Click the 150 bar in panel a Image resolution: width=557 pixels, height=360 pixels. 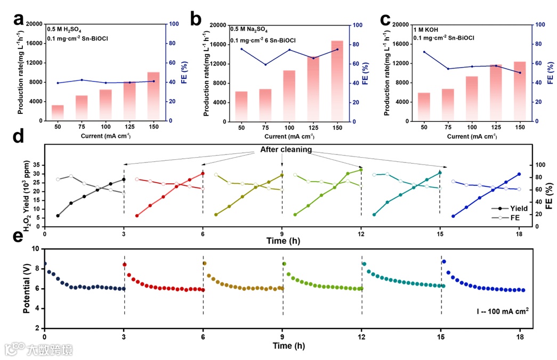click(x=154, y=96)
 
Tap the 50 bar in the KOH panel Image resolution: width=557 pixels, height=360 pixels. click(x=424, y=107)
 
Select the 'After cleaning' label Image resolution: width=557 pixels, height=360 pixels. click(x=286, y=150)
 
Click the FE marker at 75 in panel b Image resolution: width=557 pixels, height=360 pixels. click(x=265, y=65)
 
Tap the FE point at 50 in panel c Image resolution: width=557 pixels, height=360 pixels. click(x=424, y=52)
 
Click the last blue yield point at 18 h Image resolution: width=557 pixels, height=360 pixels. click(x=519, y=174)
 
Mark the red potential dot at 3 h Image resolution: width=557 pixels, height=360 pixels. click(x=125, y=265)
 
